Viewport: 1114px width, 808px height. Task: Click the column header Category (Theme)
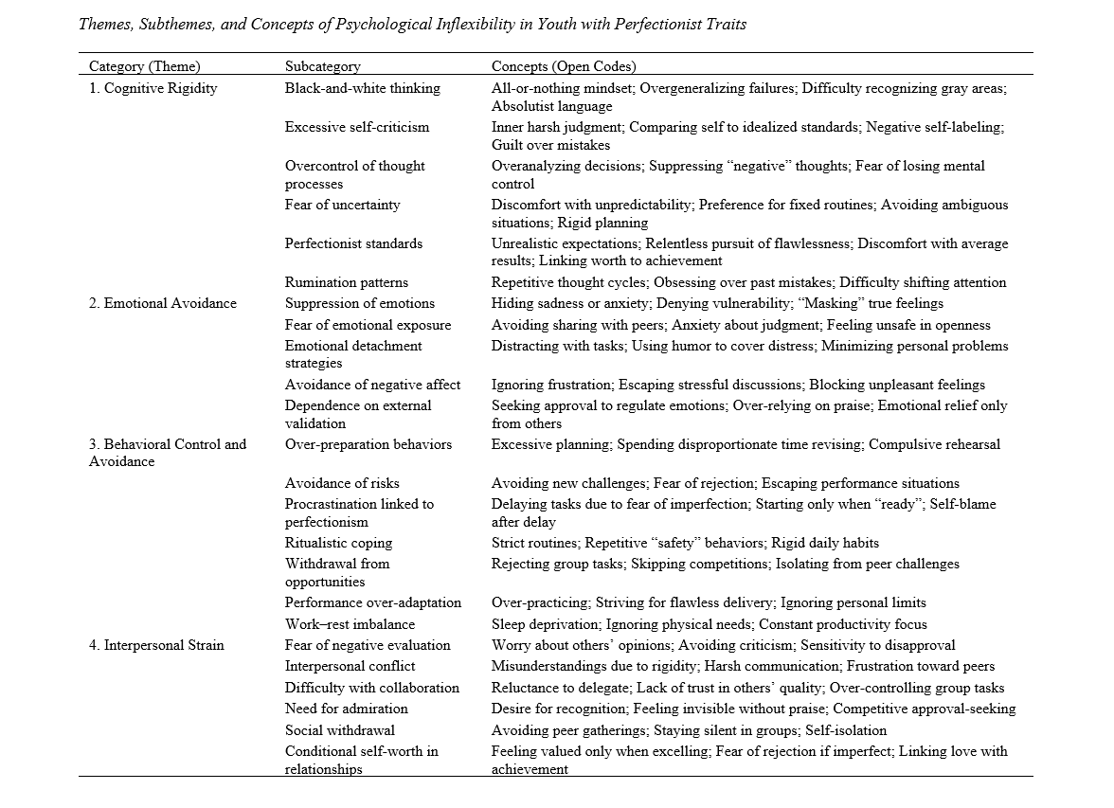click(x=145, y=66)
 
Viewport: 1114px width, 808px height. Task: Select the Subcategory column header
click(x=323, y=66)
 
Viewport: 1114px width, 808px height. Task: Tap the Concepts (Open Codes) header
click(x=564, y=66)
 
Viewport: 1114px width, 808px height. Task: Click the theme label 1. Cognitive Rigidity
click(x=153, y=88)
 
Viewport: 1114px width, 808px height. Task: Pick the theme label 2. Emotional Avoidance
click(x=163, y=303)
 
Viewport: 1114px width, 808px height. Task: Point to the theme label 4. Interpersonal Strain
click(x=156, y=645)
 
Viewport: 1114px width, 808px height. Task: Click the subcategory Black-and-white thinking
click(x=363, y=88)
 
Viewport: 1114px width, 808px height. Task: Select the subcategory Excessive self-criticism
click(x=357, y=127)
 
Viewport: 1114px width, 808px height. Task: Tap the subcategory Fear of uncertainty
click(x=343, y=205)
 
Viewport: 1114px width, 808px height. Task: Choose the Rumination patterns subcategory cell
click(x=347, y=282)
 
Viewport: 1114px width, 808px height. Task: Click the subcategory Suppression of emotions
click(x=360, y=303)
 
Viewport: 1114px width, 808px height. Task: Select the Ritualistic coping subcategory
click(x=338, y=543)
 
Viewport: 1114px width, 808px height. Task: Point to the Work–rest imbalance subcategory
click(x=350, y=624)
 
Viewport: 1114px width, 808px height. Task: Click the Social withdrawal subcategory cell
click(x=340, y=730)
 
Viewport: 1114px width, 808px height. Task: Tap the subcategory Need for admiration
click(x=347, y=709)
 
